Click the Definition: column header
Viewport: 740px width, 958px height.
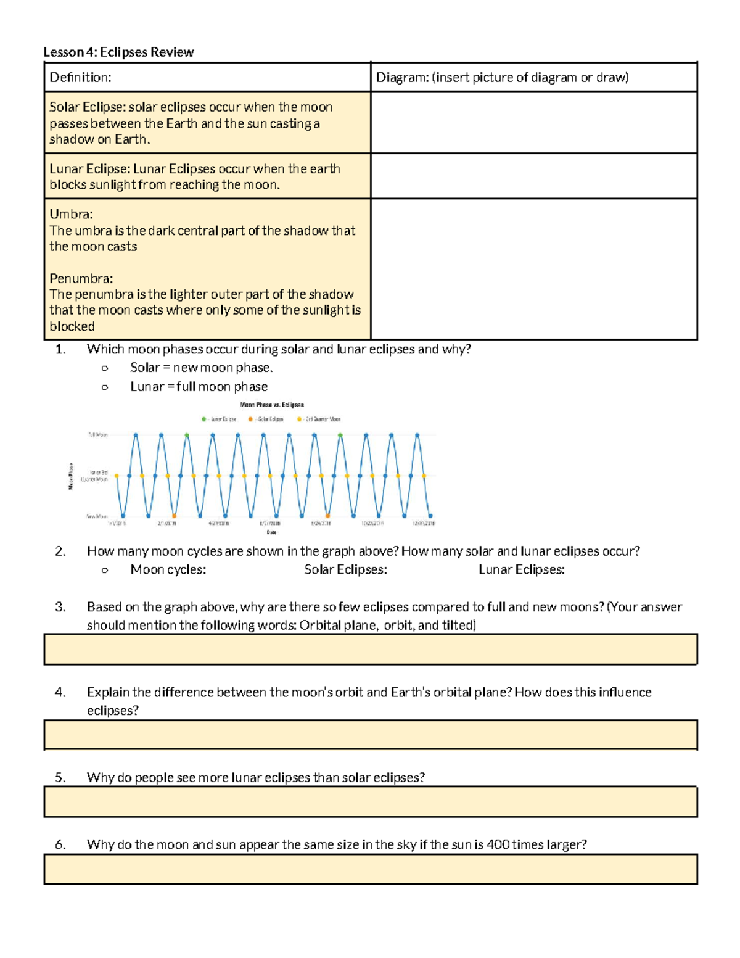pyautogui.click(x=81, y=78)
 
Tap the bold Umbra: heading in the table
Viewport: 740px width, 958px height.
pyautogui.click(x=72, y=215)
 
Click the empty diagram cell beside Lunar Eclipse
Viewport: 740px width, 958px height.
pyautogui.click(x=533, y=176)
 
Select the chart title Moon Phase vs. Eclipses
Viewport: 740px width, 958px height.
pyautogui.click(x=272, y=405)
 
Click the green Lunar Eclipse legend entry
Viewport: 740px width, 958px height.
pyautogui.click(x=220, y=419)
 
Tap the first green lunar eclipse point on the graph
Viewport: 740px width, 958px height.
pyautogui.click(x=187, y=436)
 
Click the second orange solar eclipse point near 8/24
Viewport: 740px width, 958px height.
pyautogui.click(x=327, y=516)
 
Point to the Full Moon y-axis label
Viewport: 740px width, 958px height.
pyautogui.click(x=98, y=435)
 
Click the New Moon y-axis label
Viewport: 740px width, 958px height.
pyautogui.click(x=97, y=516)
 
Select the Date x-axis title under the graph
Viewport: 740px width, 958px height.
pyautogui.click(x=271, y=532)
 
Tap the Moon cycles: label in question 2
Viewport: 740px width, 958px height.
pyautogui.click(x=168, y=570)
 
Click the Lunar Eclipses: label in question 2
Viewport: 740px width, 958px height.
pyautogui.click(x=522, y=570)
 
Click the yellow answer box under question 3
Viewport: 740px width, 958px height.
pyautogui.click(x=370, y=650)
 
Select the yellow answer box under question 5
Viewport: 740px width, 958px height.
pyautogui.click(x=370, y=802)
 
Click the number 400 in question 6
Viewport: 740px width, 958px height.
pyautogui.click(x=498, y=845)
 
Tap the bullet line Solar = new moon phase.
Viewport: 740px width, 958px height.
pyautogui.click(x=202, y=368)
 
